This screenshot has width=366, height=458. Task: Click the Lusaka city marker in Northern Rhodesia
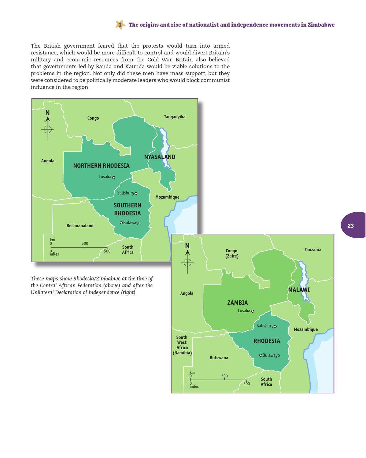click(x=113, y=178)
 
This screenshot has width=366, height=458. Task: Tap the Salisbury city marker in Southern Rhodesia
click(x=136, y=193)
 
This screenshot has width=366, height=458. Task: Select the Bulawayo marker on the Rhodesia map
click(x=261, y=355)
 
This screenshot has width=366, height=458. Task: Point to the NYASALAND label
click(x=160, y=157)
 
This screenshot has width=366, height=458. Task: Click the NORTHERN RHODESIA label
click(x=101, y=166)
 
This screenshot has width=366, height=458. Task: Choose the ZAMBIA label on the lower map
click(x=237, y=303)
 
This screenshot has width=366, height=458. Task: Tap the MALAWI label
click(x=299, y=290)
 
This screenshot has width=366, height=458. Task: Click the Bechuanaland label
click(x=80, y=226)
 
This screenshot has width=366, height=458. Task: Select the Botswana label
click(x=219, y=358)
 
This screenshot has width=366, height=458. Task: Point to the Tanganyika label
click(x=175, y=117)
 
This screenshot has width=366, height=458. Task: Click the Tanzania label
click(x=313, y=250)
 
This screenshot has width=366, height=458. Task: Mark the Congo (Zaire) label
click(x=232, y=253)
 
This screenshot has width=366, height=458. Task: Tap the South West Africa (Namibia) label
click(x=182, y=345)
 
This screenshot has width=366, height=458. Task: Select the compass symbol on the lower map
click(x=188, y=262)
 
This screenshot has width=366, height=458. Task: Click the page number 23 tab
click(x=352, y=225)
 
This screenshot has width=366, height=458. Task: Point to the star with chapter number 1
click(x=120, y=25)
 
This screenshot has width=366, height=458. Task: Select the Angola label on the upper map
click(x=48, y=161)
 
